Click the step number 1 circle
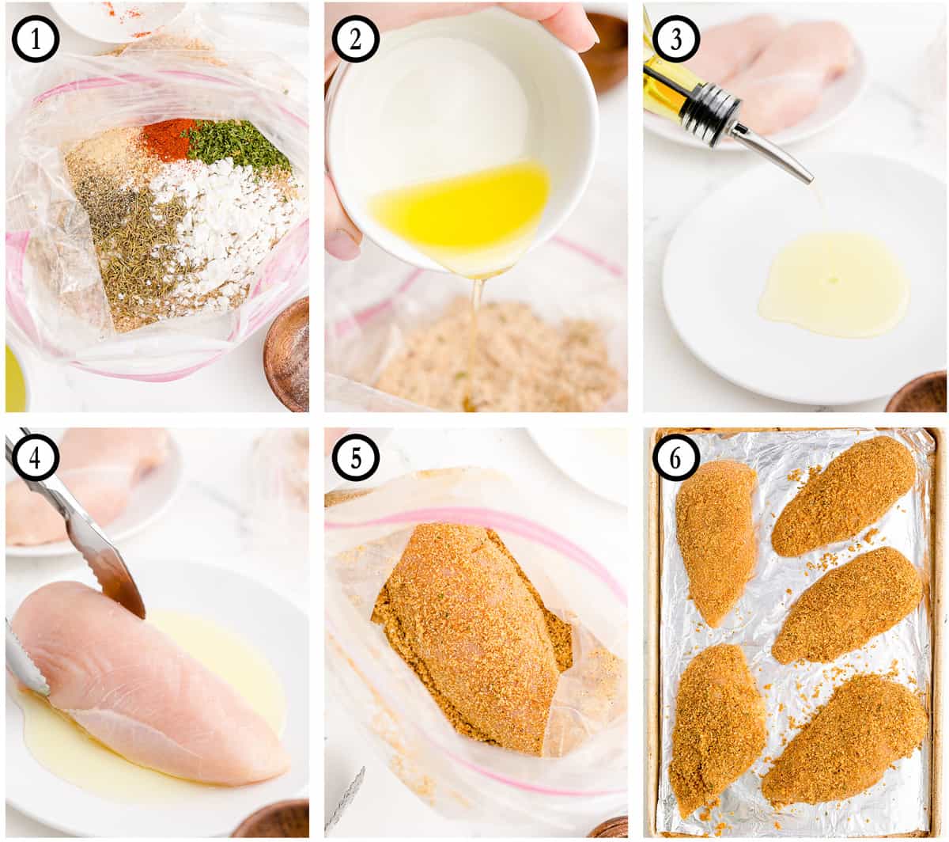pos(36,40)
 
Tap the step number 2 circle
pos(356,40)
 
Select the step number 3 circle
pos(675,40)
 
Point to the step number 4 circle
pos(36,457)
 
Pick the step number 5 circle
pos(356,457)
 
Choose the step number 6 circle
pos(675,457)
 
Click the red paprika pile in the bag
pos(168,138)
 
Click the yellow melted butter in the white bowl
pos(459,207)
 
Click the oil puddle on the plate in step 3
pos(834,283)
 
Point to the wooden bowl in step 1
pos(286,355)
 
